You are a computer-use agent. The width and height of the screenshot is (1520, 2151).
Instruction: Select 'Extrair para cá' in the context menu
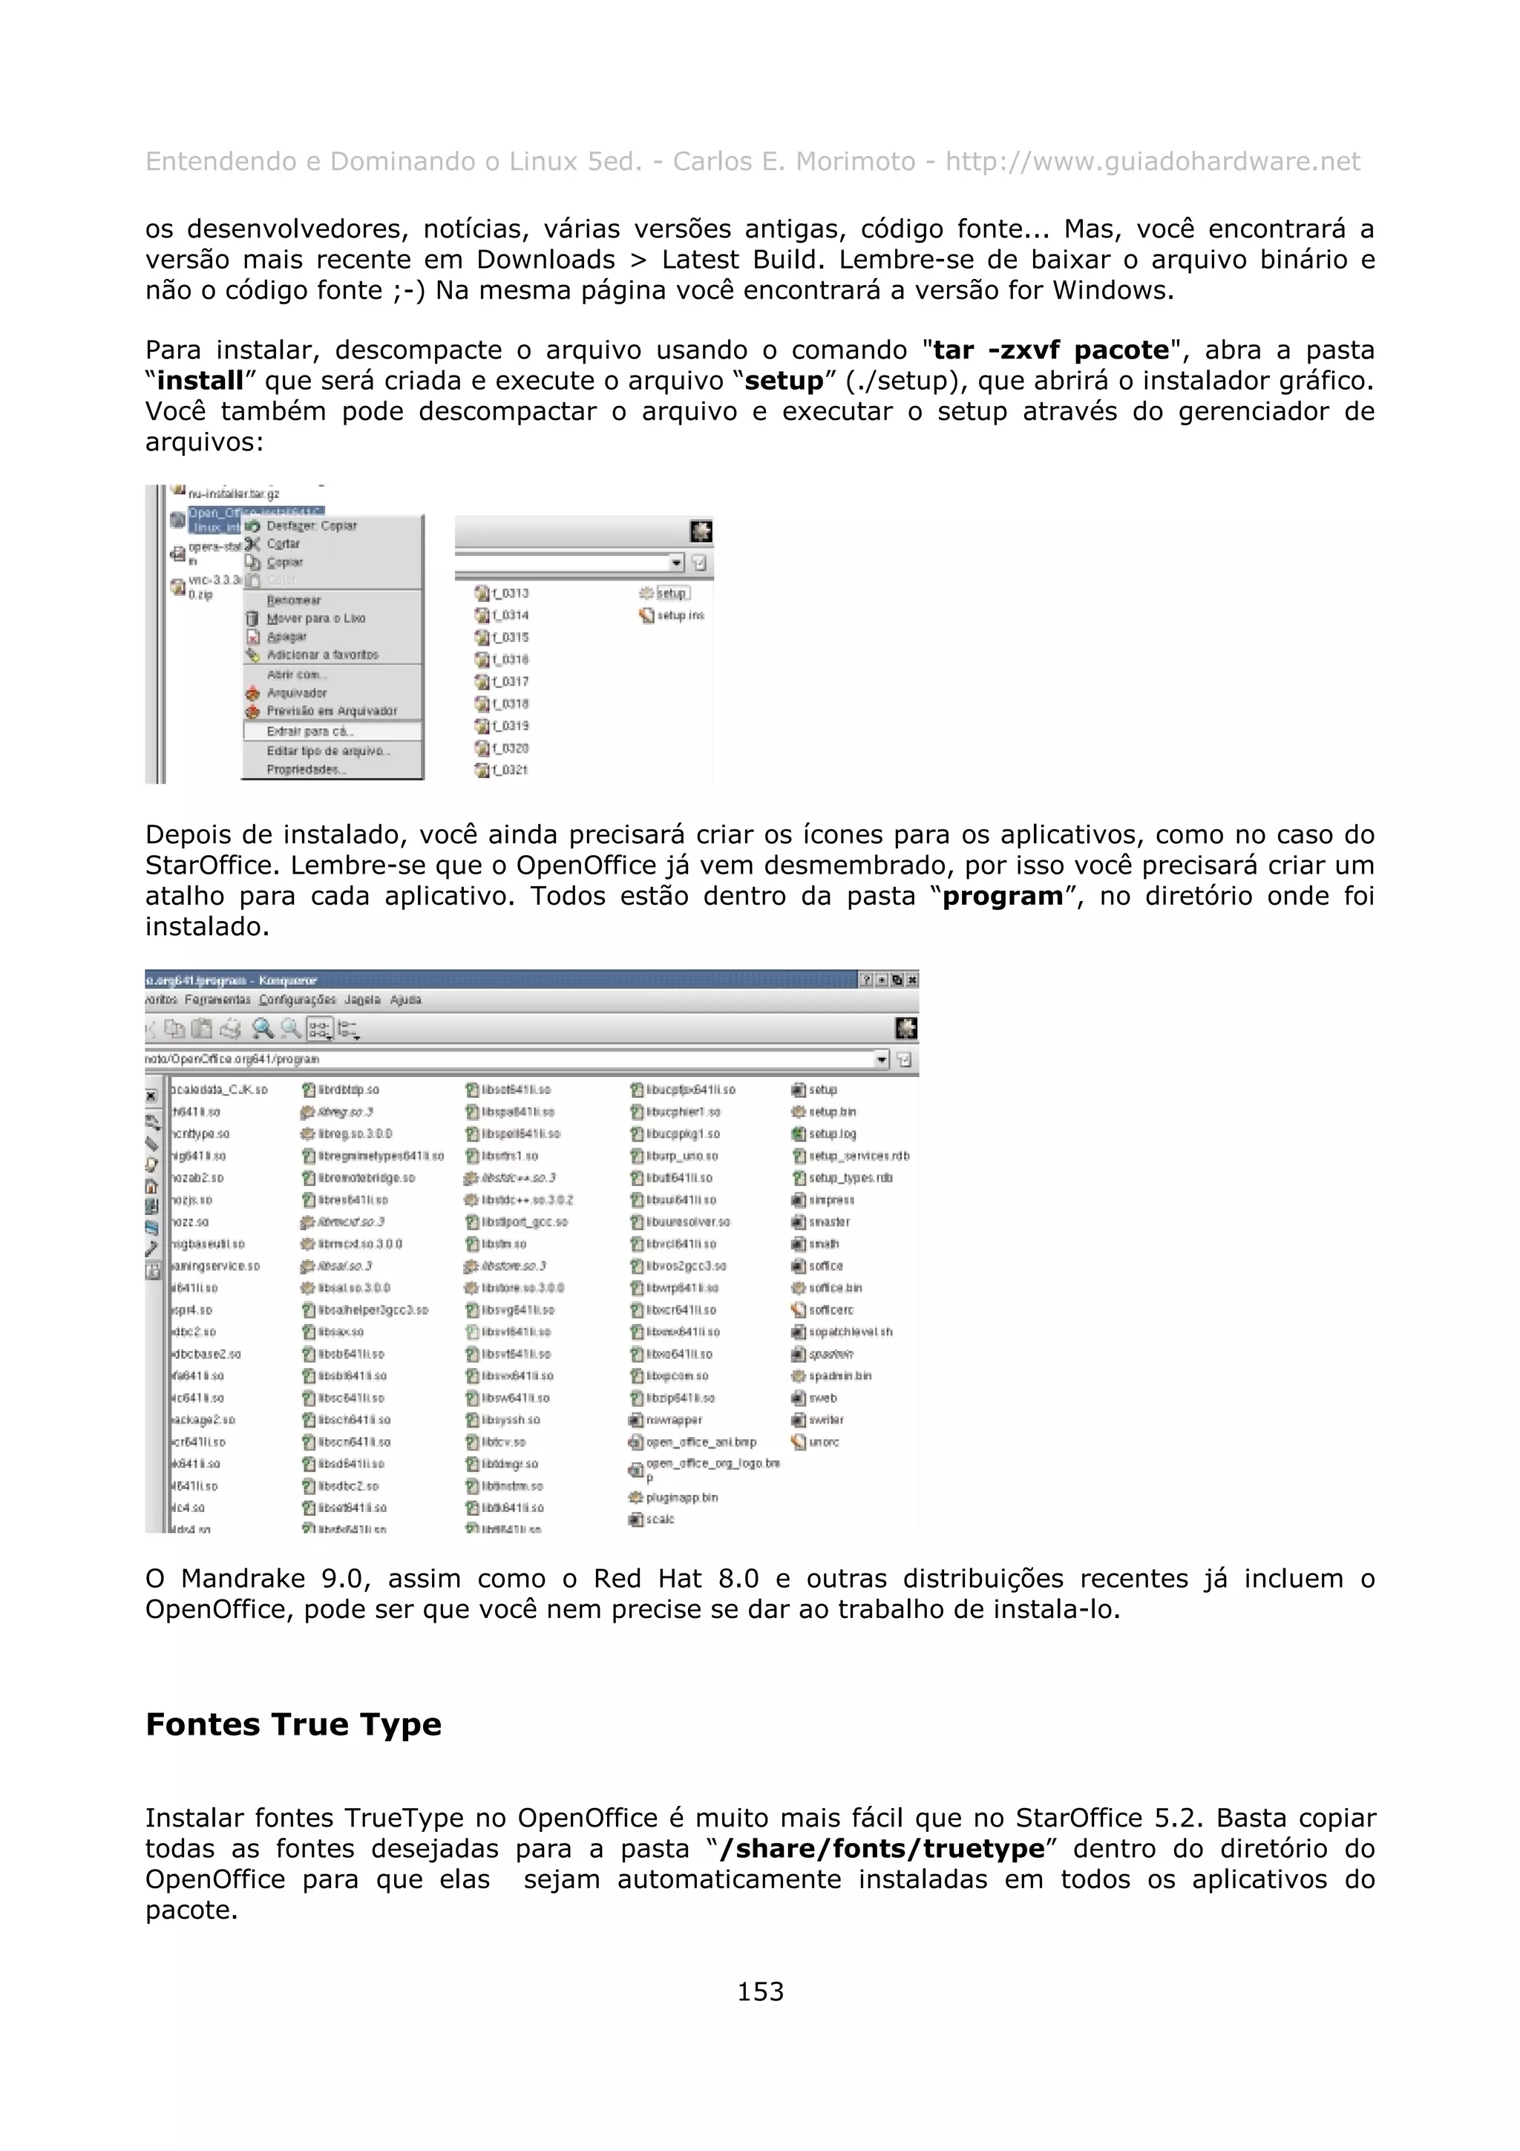click(309, 732)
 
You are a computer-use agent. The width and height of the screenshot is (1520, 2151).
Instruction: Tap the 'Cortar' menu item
click(283, 544)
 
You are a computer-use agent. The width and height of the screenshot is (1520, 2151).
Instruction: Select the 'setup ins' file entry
click(679, 615)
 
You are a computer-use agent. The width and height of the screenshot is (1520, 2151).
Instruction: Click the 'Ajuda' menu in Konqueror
click(405, 1001)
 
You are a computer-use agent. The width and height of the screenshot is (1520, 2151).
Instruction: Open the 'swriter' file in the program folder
click(826, 1420)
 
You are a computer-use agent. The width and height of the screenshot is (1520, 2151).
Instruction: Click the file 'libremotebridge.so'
click(365, 1179)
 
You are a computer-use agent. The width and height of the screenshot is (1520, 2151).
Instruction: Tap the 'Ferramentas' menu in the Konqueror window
click(218, 1001)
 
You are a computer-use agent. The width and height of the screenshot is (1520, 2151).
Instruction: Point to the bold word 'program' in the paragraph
click(1002, 897)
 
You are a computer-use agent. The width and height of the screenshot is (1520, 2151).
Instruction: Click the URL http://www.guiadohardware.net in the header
click(1152, 162)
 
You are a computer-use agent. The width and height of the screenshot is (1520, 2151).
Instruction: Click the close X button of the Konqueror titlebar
click(912, 980)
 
